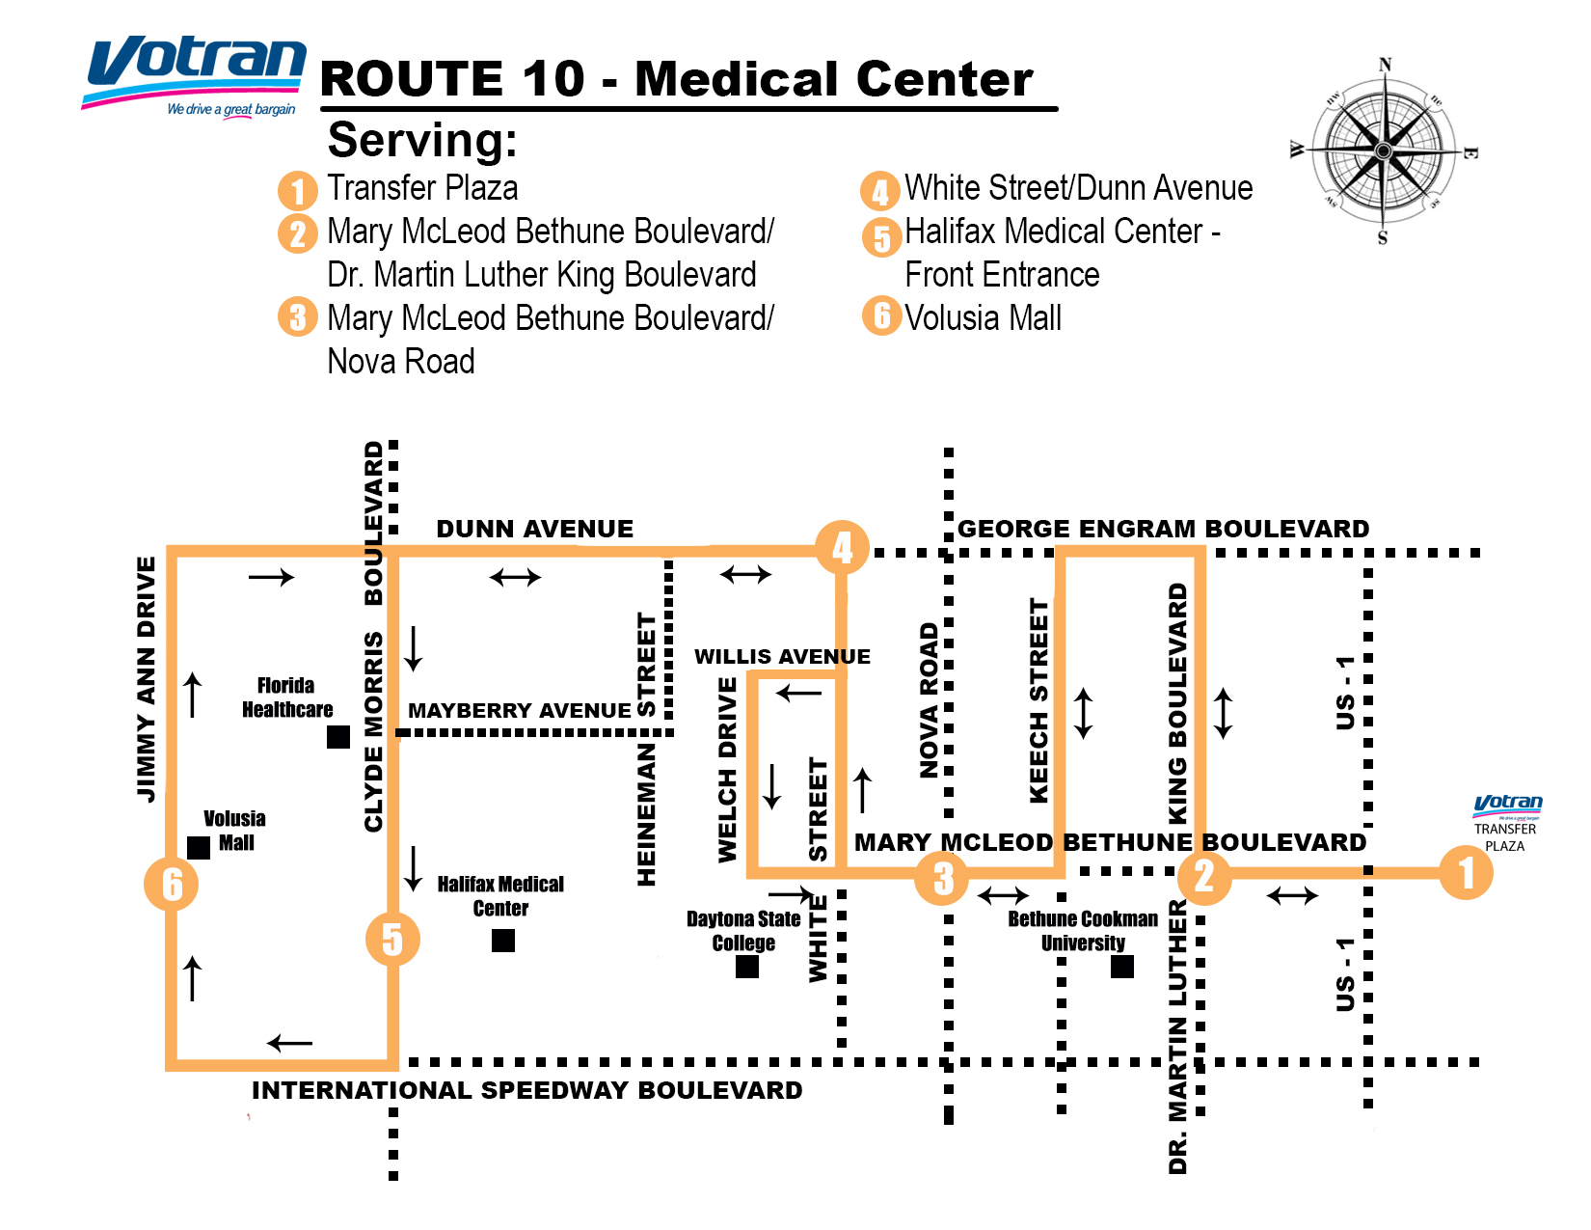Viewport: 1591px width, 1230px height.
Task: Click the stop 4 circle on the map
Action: [x=843, y=548]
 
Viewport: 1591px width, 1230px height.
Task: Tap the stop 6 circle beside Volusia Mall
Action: [x=172, y=884]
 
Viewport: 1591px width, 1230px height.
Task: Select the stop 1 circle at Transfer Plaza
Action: [x=1466, y=873]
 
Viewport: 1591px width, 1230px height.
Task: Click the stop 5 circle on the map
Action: [x=392, y=939]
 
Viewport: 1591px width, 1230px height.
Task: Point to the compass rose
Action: [x=1384, y=151]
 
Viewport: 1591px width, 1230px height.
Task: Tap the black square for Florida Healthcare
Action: [x=338, y=737]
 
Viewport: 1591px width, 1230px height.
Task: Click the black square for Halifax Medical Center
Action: [x=503, y=941]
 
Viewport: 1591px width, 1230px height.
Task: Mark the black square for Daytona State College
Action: [x=747, y=967]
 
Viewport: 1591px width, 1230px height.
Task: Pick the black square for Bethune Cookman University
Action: [x=1122, y=967]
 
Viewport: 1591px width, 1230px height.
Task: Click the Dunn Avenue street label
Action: [x=535, y=529]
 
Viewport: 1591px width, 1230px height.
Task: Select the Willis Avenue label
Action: [x=782, y=657]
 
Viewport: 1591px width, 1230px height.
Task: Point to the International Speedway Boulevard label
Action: [x=526, y=1090]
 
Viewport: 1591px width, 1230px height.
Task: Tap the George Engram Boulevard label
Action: [x=1163, y=529]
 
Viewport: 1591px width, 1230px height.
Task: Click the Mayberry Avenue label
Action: [x=520, y=711]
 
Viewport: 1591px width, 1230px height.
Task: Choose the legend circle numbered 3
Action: [x=298, y=316]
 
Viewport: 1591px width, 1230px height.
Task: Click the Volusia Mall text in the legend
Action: [x=983, y=318]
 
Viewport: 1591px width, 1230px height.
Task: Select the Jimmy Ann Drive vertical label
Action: [x=147, y=679]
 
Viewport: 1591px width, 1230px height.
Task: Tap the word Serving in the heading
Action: [x=422, y=141]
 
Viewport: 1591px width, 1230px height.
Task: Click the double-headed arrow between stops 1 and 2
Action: [x=1292, y=896]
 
